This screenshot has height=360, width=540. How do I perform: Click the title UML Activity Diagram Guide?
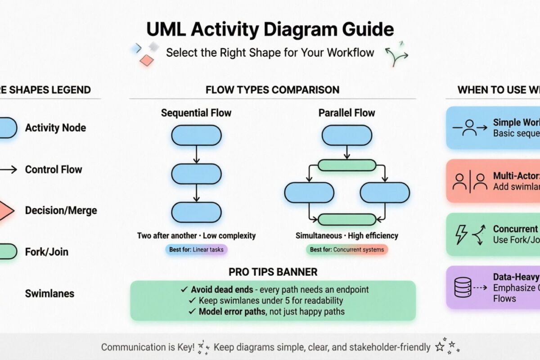point(270,30)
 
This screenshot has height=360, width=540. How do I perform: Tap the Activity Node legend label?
point(55,128)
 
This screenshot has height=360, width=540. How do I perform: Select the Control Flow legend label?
point(54,170)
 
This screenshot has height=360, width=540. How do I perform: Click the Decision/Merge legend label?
point(61,210)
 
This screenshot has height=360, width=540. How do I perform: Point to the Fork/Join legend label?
point(47,252)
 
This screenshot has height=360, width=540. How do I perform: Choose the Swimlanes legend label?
point(49,294)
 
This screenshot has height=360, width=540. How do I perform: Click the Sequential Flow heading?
point(196,112)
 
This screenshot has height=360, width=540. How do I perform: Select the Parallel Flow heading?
point(346,112)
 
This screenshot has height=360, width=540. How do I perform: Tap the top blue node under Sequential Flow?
point(196,135)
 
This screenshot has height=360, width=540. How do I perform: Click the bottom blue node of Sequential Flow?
point(196,212)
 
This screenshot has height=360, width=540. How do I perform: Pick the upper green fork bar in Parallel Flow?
point(346,165)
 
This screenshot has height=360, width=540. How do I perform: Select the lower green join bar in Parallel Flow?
point(346,219)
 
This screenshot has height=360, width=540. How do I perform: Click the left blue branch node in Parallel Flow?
point(309,193)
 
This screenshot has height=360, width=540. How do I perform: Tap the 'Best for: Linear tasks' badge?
point(196,249)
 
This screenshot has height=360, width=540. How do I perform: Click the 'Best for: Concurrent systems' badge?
point(346,249)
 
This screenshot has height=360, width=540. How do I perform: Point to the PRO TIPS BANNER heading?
point(273,272)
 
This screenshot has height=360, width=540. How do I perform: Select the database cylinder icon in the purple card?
point(463,287)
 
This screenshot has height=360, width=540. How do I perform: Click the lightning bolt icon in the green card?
point(462,235)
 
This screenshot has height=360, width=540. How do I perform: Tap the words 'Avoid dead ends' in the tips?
point(216,289)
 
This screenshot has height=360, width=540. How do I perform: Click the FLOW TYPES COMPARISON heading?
point(272,90)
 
